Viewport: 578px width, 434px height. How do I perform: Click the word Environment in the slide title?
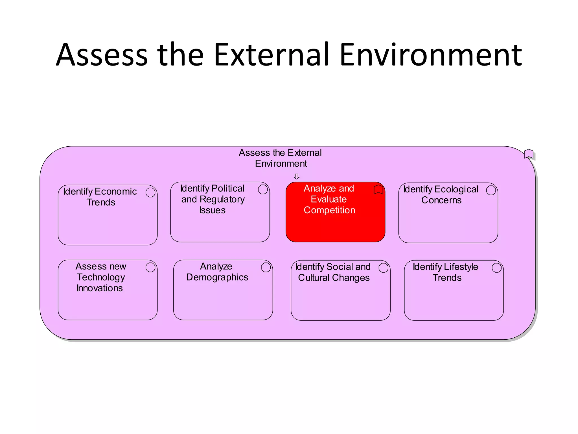point(431,55)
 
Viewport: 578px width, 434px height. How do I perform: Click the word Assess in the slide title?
point(102,55)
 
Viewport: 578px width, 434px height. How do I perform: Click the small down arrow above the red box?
point(296,177)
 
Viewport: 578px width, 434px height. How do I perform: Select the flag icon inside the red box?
point(378,190)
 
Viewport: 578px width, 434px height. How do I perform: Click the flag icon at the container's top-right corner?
point(528,154)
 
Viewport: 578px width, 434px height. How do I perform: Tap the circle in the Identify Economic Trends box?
point(150,192)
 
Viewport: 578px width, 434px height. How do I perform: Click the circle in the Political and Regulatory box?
point(263,189)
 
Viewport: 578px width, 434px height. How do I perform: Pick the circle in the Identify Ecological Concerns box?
point(491,190)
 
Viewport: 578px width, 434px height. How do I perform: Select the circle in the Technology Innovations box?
point(150,267)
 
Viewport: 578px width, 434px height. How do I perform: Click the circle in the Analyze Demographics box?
point(266,267)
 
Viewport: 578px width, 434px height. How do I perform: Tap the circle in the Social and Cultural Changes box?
point(383,268)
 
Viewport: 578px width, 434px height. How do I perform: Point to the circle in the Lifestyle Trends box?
point(497,268)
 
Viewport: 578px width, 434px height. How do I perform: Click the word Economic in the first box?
point(116,192)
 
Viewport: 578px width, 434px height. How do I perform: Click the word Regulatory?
point(222,199)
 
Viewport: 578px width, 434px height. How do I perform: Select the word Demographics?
point(217,277)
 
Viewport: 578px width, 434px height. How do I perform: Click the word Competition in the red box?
point(329,210)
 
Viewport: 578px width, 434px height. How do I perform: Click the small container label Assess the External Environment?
point(280,158)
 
